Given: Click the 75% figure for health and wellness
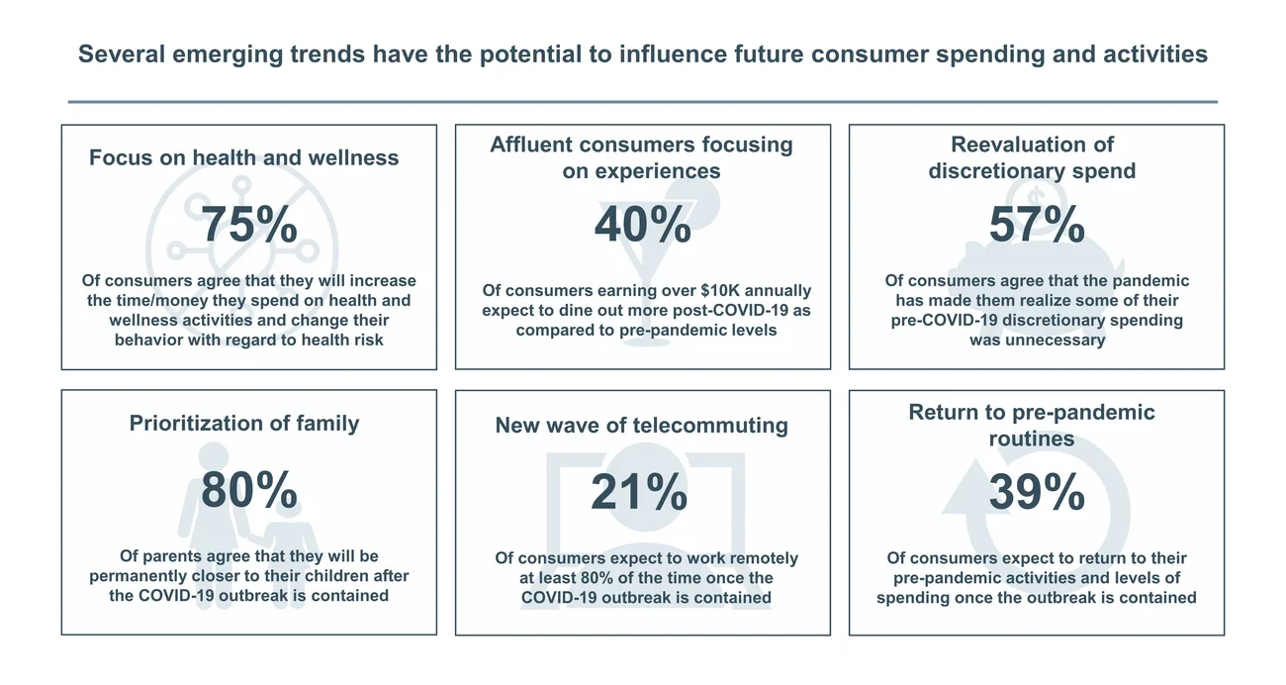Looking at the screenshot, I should [x=249, y=226].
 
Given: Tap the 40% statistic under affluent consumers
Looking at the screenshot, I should [x=642, y=225].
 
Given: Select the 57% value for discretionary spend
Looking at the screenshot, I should [x=1037, y=225].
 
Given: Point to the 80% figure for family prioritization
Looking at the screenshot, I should [x=249, y=490].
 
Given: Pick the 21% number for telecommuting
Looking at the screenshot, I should [x=639, y=493].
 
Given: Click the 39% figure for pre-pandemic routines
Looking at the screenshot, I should [x=1037, y=492].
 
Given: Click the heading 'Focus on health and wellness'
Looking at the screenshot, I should [x=244, y=157].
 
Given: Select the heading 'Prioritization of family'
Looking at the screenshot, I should [x=244, y=423].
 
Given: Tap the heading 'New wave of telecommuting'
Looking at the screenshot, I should [x=642, y=426].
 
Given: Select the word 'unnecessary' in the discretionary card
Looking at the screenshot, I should [x=1037, y=340].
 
